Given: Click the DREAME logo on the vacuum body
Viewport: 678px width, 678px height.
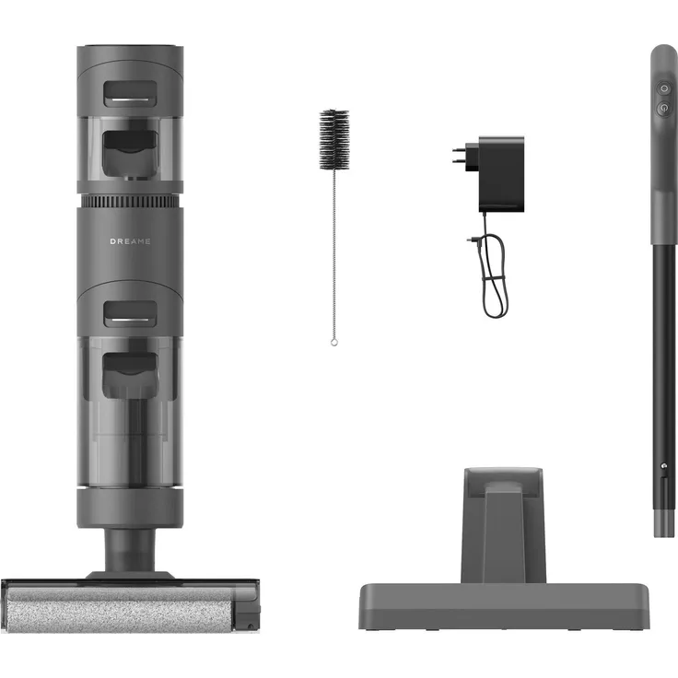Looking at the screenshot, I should [129, 242].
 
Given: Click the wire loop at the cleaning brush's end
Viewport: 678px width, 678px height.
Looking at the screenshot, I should [333, 342].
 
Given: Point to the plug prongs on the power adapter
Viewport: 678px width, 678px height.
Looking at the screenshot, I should [459, 156].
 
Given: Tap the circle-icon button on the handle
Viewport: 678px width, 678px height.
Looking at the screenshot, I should [664, 88].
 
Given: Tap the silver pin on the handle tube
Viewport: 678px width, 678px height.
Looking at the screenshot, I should [662, 469].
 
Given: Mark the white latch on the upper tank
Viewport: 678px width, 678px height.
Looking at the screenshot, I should [129, 93].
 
